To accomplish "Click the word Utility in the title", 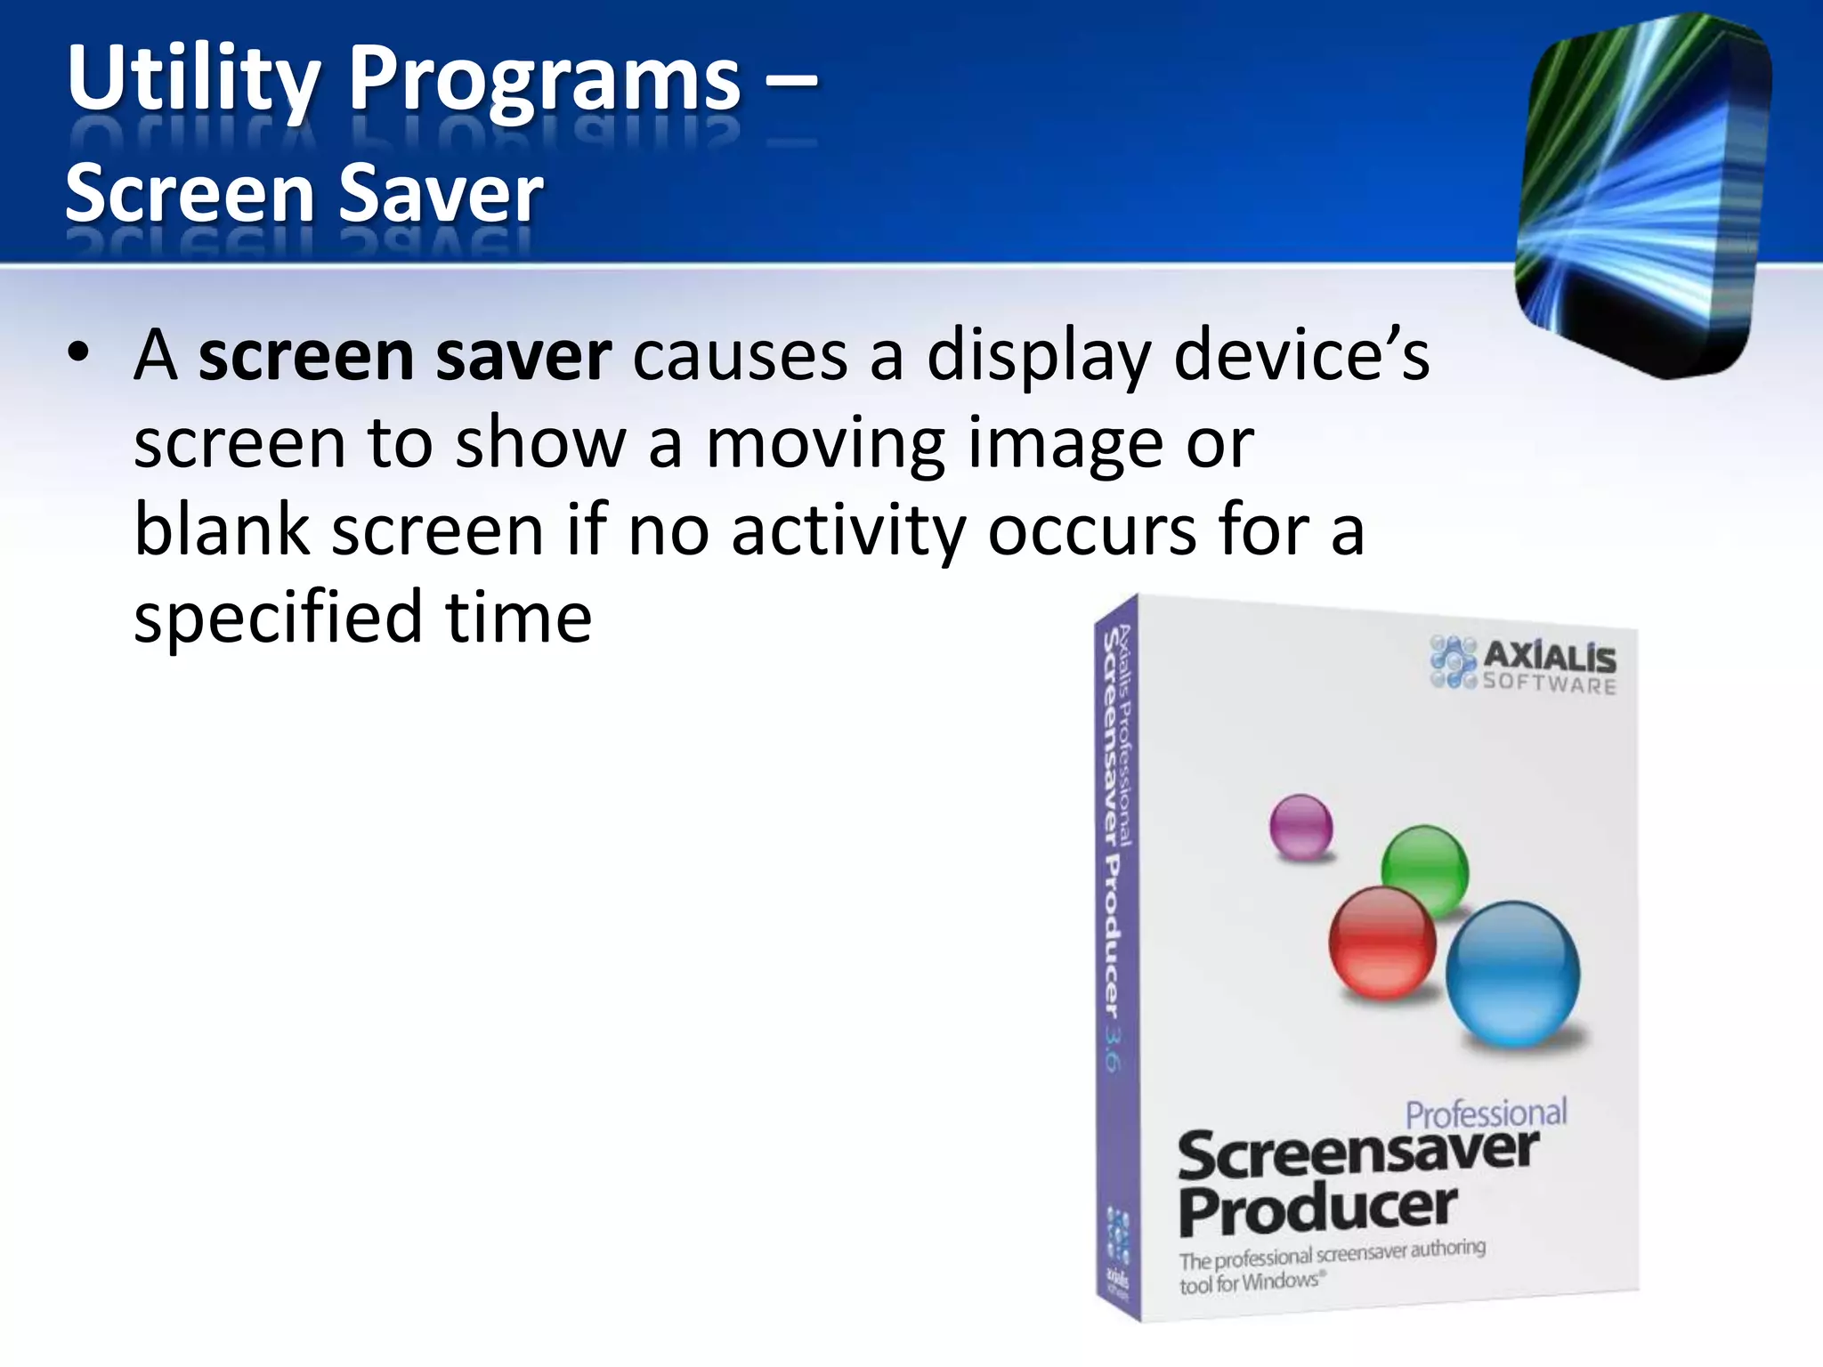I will pos(192,80).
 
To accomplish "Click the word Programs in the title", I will pos(544,80).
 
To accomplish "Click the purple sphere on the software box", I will pos(1300,826).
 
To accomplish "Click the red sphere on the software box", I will pos(1381,942).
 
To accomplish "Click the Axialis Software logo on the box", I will pos(1523,664).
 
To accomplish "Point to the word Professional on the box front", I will pos(1486,1113).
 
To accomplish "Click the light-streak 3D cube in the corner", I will pos(1643,196).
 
